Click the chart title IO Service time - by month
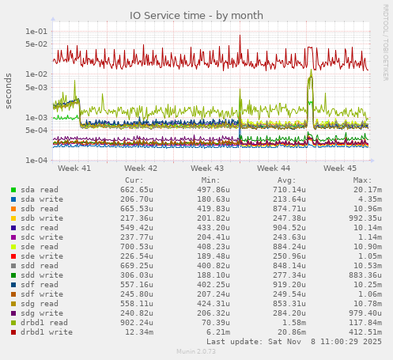(x=196, y=16)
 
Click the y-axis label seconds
(x=9, y=93)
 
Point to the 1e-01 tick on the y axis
(x=36, y=32)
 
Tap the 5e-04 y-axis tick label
(x=36, y=130)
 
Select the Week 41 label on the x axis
(x=74, y=169)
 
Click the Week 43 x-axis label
(x=207, y=169)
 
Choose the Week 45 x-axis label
(x=340, y=169)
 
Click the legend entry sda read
(x=39, y=190)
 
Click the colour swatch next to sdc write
(x=13, y=237)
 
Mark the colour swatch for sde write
(x=13, y=256)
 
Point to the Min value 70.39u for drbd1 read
(x=214, y=323)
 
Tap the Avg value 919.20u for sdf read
(x=280, y=285)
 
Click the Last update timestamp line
(x=293, y=342)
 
